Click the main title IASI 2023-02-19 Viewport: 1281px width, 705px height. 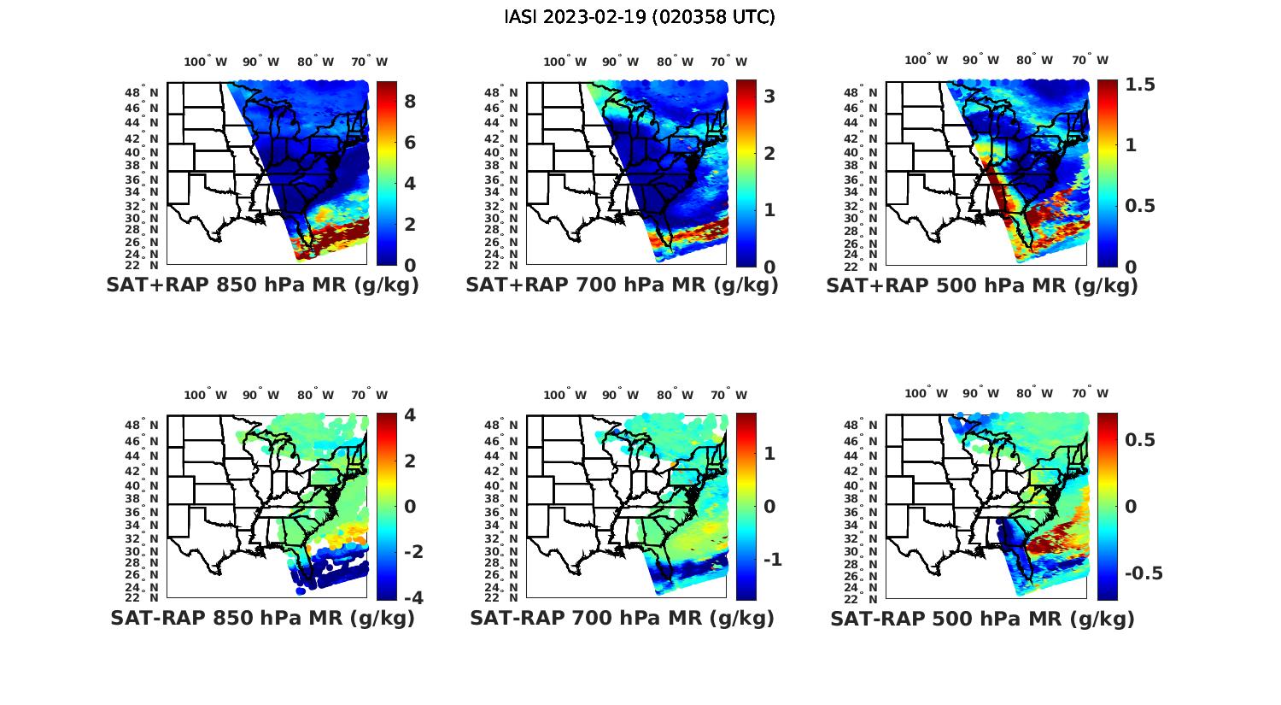[x=640, y=17]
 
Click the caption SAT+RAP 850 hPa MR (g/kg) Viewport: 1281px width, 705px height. [x=262, y=285]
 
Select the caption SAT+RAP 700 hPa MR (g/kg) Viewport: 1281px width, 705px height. [x=622, y=285]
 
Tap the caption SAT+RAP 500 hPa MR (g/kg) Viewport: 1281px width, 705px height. [x=982, y=285]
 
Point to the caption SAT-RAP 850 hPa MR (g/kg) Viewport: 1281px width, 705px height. [x=262, y=618]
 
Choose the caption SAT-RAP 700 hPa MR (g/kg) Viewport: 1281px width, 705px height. [x=622, y=618]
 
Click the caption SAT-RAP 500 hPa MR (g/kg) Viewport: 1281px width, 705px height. [x=982, y=618]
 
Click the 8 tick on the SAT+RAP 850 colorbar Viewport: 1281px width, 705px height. [x=410, y=102]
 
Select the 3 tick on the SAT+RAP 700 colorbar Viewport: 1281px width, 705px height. [x=769, y=97]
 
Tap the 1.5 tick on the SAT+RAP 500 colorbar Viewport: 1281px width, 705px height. [x=1140, y=85]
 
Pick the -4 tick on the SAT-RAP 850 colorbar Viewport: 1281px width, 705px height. [x=410, y=597]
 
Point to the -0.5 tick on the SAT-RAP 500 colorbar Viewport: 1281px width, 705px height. [x=1144, y=573]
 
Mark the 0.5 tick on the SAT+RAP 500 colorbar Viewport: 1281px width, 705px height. [x=1140, y=206]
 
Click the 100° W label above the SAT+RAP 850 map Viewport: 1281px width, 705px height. [x=206, y=62]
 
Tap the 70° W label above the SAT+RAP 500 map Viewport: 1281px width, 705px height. [x=1090, y=60]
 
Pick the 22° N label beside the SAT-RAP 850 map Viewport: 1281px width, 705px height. [x=148, y=597]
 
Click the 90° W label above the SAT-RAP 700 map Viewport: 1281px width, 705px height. [x=620, y=395]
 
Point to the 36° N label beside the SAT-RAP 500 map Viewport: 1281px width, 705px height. [x=867, y=512]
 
